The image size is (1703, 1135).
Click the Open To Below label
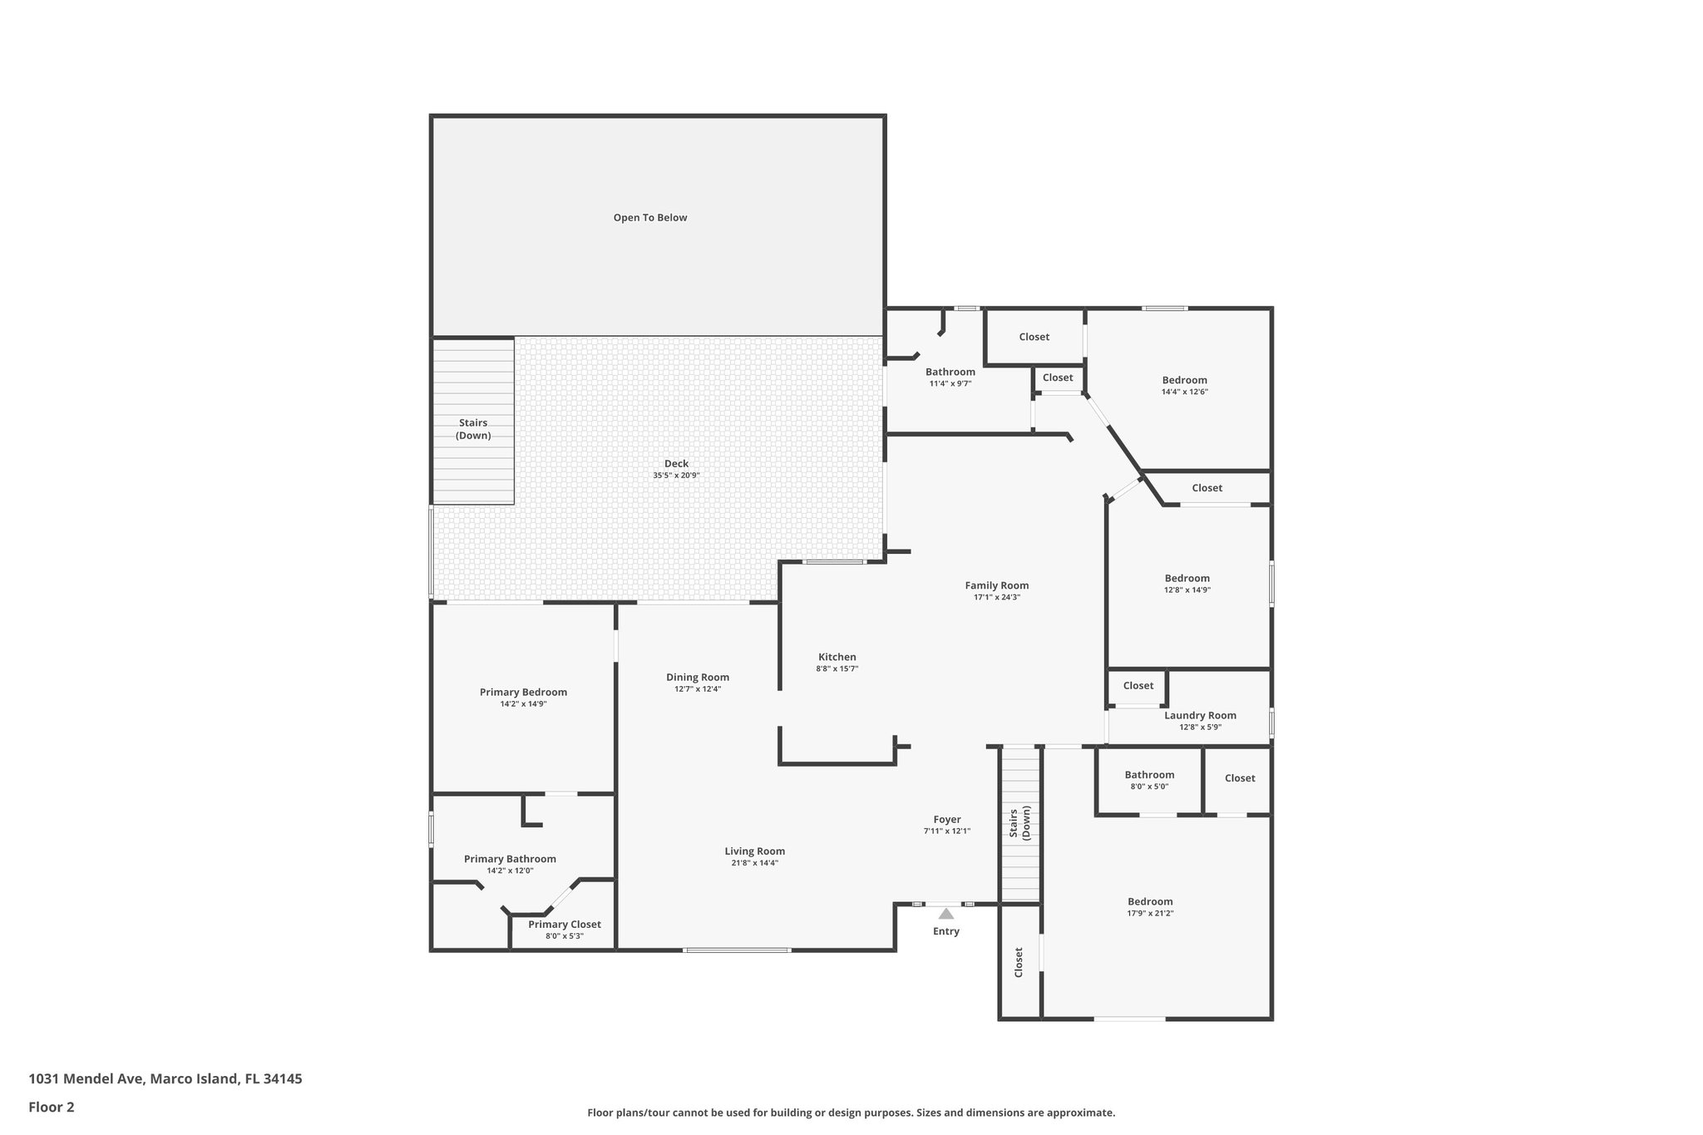tap(649, 218)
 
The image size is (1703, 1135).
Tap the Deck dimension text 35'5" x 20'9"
tap(675, 476)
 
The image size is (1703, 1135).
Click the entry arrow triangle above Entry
tap(945, 913)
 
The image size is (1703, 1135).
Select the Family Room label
tap(996, 585)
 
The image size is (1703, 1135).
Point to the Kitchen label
tap(837, 657)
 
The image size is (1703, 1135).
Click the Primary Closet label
tap(564, 925)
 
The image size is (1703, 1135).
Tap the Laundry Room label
tap(1199, 715)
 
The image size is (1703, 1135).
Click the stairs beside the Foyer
tap(1019, 823)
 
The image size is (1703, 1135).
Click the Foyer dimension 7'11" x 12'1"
tap(946, 832)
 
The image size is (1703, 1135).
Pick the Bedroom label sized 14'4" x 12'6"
tap(1184, 380)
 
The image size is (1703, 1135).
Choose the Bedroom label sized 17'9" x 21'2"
tap(1150, 901)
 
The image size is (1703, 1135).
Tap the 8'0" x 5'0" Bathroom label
tap(1149, 775)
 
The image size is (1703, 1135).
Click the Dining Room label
tap(697, 677)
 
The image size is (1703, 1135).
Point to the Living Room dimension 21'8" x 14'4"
tap(754, 863)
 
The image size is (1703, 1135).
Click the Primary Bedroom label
tap(523, 692)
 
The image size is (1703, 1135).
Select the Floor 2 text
tap(52, 1107)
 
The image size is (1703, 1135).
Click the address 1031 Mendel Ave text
tap(165, 1079)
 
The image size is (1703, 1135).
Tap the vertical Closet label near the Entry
tap(1019, 962)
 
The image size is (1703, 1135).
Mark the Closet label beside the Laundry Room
tap(1138, 686)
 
